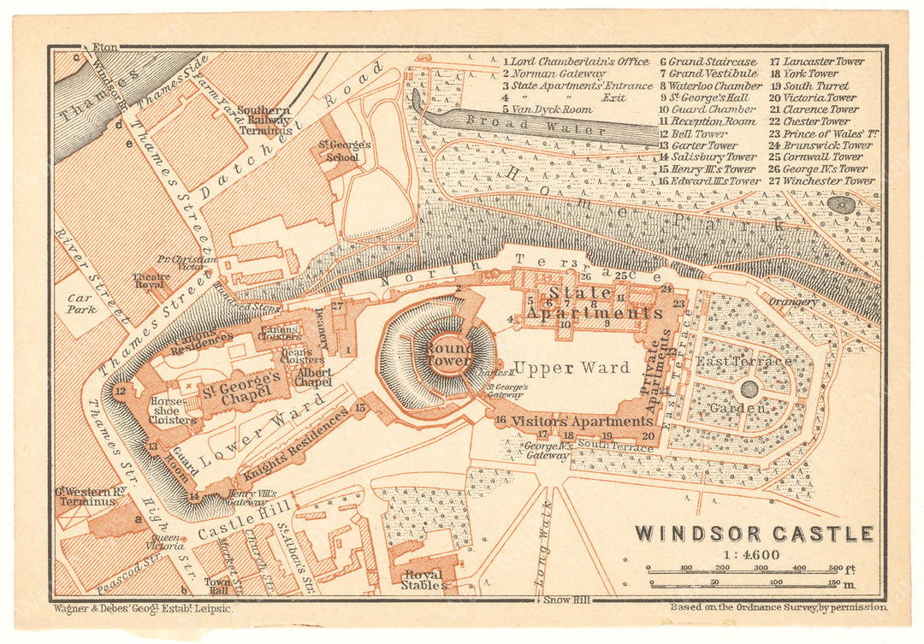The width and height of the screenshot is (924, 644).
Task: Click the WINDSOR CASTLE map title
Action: coord(754,534)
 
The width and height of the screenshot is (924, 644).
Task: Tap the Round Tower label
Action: coord(449,354)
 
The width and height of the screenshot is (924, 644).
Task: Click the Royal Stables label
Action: coord(423,580)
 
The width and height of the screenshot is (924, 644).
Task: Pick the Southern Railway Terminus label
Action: coord(264,122)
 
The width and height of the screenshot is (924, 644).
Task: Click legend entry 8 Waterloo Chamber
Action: coord(710,86)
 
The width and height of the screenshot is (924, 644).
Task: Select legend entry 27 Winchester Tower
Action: coord(822,180)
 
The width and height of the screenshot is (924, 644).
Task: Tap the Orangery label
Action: coord(792,302)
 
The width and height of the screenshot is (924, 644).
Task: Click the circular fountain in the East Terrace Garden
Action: coord(749,389)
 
